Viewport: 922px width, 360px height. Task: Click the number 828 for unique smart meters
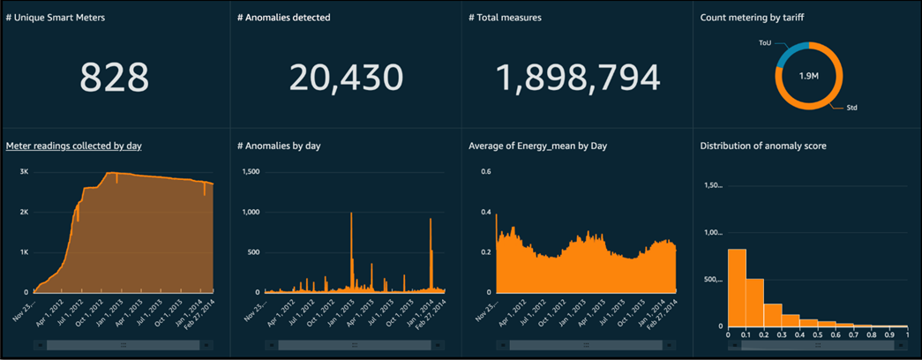click(x=115, y=78)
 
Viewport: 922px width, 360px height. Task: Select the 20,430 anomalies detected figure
click(x=346, y=78)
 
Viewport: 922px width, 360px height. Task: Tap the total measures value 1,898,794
click(x=578, y=78)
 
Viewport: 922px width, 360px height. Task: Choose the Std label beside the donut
click(x=851, y=108)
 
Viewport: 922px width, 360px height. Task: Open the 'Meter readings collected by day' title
click(x=74, y=146)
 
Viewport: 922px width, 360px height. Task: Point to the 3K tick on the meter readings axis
click(x=25, y=171)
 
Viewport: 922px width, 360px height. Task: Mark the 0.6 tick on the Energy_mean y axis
click(x=485, y=171)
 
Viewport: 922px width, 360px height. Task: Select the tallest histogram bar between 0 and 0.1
click(x=737, y=287)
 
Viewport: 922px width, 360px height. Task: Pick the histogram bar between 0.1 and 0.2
click(x=754, y=302)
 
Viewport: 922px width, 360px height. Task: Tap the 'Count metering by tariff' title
click(x=753, y=18)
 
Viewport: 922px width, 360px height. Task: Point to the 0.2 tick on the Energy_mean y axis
click(x=485, y=251)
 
